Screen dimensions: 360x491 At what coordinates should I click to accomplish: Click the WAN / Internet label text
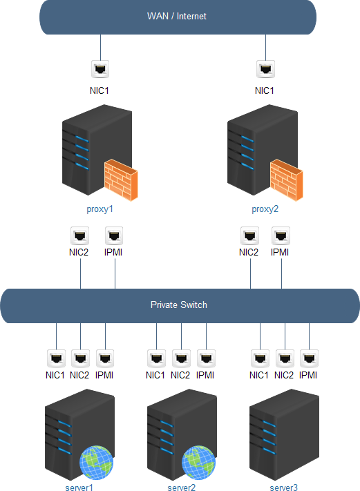pos(177,17)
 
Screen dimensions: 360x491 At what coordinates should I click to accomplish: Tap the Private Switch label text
pos(178,305)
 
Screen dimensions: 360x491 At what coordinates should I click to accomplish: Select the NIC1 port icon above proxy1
pos(100,69)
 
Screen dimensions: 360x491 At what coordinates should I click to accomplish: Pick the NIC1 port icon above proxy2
pos(266,69)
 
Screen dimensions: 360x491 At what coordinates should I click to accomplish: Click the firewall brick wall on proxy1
pos(121,180)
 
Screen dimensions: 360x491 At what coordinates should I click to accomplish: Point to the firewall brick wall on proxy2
pos(286,180)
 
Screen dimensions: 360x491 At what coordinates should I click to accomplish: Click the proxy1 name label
pos(100,209)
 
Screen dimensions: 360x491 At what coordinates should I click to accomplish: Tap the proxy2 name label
pos(265,209)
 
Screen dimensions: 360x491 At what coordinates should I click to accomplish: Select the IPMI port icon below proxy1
pos(114,235)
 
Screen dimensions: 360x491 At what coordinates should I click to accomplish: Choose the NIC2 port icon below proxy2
pos(249,235)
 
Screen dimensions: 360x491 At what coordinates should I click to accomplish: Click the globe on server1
pos(96,463)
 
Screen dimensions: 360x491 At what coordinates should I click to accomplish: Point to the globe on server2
pos(198,463)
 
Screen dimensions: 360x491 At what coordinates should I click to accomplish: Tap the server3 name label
pos(283,488)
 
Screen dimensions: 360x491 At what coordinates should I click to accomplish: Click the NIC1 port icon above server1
pos(56,358)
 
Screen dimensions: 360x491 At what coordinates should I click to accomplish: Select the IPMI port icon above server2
pos(206,358)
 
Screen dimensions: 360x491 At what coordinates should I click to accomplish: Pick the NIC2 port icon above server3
pos(285,358)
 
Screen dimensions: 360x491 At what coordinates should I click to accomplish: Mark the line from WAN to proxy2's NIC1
pos(266,47)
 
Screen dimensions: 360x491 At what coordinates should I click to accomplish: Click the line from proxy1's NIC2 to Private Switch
pos(81,273)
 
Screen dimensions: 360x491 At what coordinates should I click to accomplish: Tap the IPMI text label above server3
pos(308,375)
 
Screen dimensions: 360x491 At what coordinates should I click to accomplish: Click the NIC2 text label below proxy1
pos(79,252)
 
